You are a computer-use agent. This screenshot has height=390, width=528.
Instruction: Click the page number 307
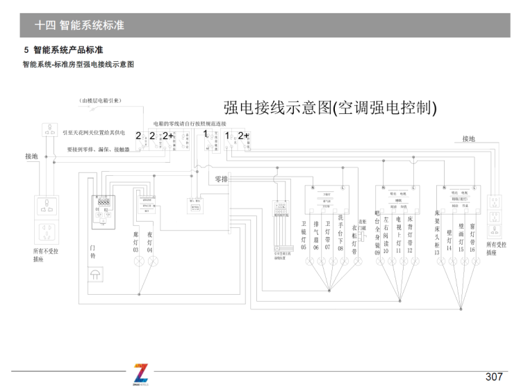493,377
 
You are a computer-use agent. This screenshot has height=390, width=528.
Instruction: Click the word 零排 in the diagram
222,179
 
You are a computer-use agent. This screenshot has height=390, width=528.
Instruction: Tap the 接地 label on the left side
31,156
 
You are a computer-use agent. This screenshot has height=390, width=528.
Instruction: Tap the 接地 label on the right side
470,139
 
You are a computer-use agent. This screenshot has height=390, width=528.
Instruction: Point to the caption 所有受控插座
496,249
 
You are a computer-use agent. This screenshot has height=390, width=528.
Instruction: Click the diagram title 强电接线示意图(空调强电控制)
330,108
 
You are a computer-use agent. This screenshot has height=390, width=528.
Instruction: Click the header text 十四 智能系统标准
79,25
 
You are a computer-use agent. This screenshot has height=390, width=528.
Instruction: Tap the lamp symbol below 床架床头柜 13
438,262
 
